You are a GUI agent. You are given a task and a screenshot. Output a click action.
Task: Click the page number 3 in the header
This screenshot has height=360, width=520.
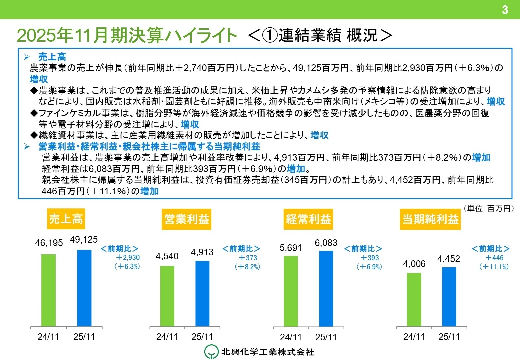(x=505, y=10)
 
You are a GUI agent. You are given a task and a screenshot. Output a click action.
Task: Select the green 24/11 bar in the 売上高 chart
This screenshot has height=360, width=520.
(x=49, y=290)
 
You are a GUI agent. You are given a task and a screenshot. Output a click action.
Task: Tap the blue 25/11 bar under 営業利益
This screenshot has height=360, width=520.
(x=202, y=293)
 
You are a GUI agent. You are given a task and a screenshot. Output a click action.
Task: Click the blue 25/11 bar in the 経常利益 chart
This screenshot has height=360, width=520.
(x=326, y=288)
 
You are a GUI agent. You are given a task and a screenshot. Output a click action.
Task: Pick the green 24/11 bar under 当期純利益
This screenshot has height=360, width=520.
(x=414, y=299)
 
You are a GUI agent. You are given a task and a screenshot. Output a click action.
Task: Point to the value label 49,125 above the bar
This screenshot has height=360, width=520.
(x=84, y=239)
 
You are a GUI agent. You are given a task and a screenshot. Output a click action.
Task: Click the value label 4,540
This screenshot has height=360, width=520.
(x=167, y=256)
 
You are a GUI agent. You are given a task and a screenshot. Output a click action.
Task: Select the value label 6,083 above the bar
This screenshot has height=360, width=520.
(x=326, y=243)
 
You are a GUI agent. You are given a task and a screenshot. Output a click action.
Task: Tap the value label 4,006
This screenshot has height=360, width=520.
(x=414, y=264)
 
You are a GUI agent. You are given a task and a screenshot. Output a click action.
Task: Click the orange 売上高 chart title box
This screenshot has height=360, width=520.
(x=66, y=219)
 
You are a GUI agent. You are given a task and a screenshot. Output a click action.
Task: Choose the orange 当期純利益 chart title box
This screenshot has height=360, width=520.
(x=430, y=219)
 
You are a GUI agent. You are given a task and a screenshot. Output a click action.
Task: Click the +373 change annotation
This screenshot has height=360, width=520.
(x=248, y=258)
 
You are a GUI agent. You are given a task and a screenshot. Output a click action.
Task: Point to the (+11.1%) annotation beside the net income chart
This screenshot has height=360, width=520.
(x=494, y=267)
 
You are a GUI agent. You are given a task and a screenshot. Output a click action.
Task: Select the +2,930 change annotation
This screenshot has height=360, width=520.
(x=128, y=258)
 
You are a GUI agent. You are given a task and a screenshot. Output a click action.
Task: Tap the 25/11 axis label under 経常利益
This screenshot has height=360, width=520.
(x=326, y=337)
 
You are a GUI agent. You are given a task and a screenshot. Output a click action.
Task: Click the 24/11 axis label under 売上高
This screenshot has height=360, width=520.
(x=48, y=337)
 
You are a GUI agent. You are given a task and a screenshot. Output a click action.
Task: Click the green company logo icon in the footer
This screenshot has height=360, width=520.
(x=211, y=352)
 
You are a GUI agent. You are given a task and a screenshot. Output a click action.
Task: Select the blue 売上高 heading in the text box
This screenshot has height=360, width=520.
(x=52, y=57)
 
